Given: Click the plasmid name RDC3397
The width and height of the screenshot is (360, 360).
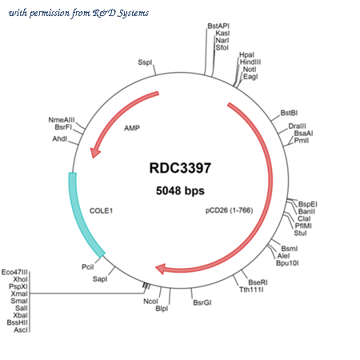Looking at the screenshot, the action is tap(180, 168).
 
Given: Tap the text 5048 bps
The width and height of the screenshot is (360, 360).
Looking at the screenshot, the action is tap(180, 190).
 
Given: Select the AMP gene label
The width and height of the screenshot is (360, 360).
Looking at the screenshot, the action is tap(132, 128).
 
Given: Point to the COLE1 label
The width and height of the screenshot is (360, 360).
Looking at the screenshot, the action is tap(101, 211).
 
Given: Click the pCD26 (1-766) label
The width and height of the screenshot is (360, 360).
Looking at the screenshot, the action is tap(230, 210).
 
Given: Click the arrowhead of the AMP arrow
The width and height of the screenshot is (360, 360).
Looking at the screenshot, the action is tap(94, 153).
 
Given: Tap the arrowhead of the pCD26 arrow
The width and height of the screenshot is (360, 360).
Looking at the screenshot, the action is tap(161, 269).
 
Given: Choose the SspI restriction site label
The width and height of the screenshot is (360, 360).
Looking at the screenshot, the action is tap(145, 62).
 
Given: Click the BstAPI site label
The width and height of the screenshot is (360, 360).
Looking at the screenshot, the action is tap(218, 26).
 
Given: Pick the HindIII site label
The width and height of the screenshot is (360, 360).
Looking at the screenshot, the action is tap(250, 62).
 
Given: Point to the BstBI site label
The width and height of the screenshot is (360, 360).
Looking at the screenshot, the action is tap(289, 113).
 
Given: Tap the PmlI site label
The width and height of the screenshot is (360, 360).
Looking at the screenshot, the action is tap(302, 141).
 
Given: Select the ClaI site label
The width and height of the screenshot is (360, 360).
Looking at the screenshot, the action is tap(304, 218).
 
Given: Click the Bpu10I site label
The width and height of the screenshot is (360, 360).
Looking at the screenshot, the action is tap(287, 263).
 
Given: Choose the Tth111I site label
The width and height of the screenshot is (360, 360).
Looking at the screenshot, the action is tap(251, 290).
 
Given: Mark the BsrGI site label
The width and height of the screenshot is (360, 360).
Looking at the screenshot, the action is tap(202, 302).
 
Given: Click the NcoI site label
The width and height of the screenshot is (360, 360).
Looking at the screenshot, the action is tap(150, 302).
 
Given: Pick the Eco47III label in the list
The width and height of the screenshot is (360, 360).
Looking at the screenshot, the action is tap(14, 272).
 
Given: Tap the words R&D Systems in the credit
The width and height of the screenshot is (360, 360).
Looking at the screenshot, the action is tap(121, 13).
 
